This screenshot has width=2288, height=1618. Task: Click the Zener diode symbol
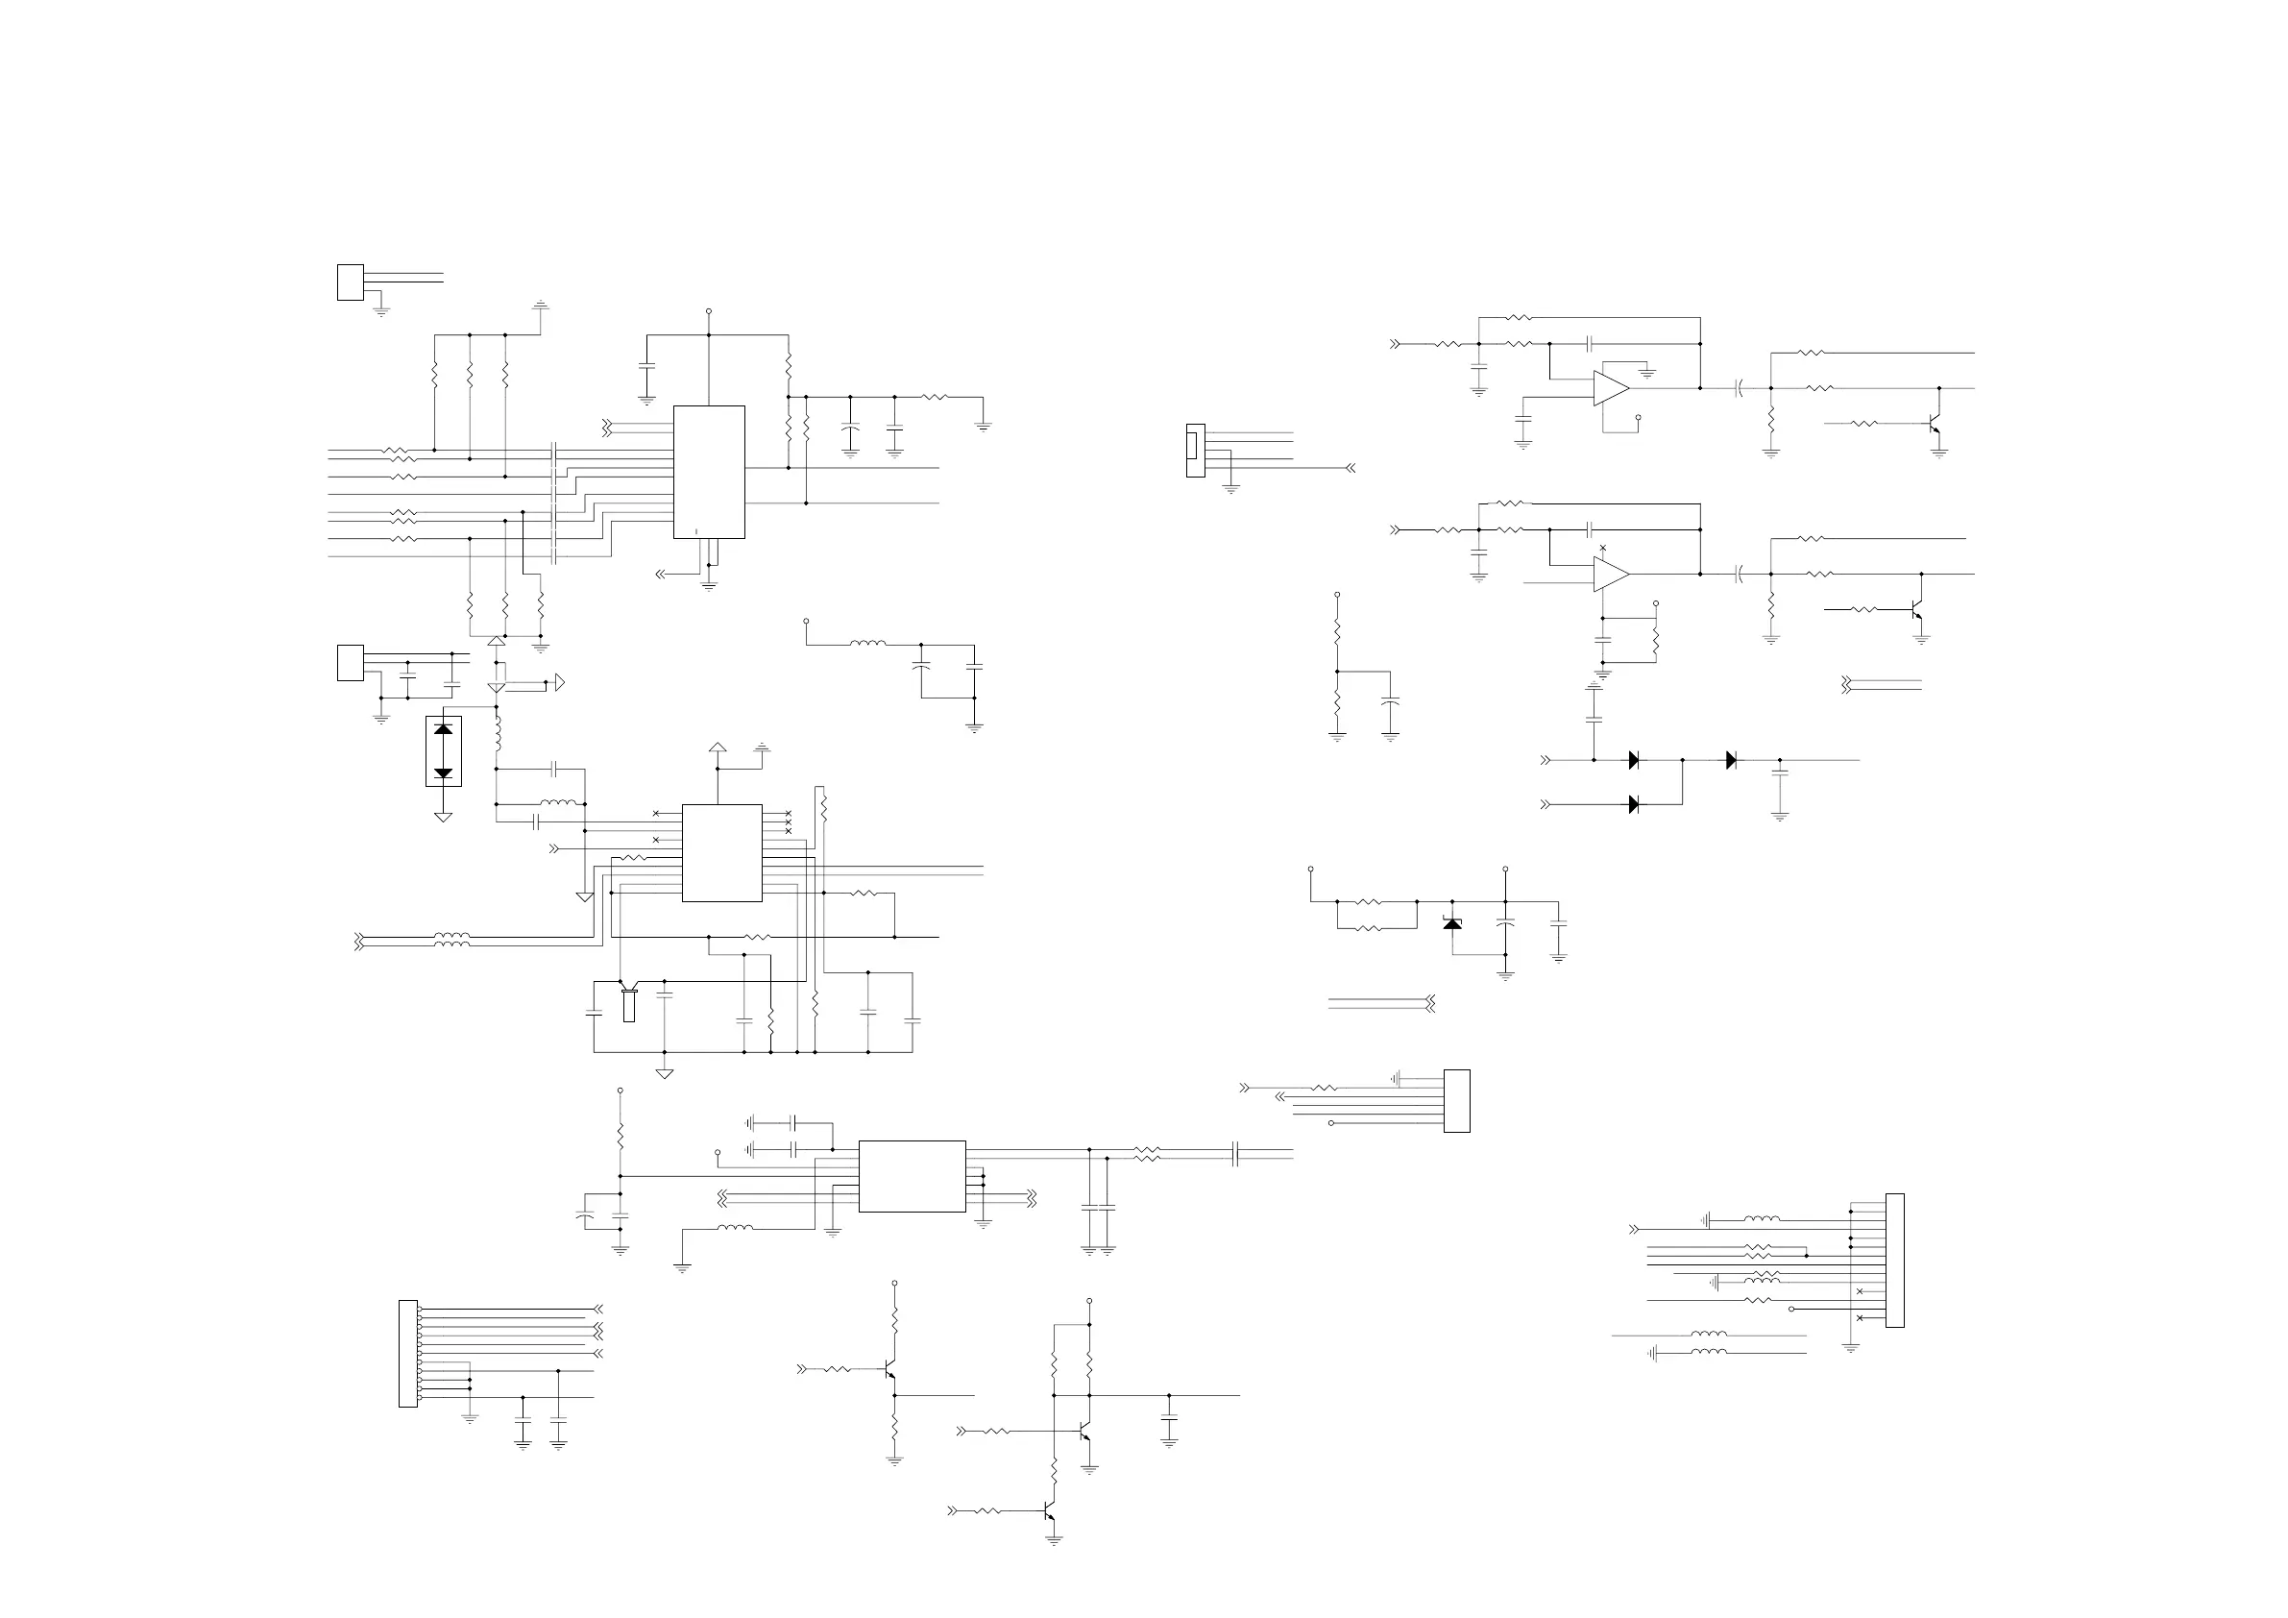1453,924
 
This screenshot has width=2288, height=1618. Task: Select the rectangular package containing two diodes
444,750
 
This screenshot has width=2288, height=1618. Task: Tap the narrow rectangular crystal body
629,1006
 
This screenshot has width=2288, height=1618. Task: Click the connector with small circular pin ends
407,1354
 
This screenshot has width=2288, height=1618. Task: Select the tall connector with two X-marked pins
1894,1261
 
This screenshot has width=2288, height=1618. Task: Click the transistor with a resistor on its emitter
890,1371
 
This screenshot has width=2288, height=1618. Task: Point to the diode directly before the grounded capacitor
1731,761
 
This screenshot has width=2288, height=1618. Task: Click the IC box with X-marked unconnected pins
721,853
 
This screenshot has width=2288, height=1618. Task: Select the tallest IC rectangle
710,472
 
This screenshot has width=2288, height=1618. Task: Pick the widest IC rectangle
912,1176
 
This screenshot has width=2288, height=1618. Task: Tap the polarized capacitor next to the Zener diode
1506,924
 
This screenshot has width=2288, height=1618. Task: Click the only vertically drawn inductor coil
498,735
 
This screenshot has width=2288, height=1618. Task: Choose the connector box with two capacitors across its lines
350,663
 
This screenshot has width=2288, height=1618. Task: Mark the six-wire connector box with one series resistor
1457,1100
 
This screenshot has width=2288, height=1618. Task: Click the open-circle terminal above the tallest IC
709,311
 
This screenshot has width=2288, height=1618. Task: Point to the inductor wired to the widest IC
735,1229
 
